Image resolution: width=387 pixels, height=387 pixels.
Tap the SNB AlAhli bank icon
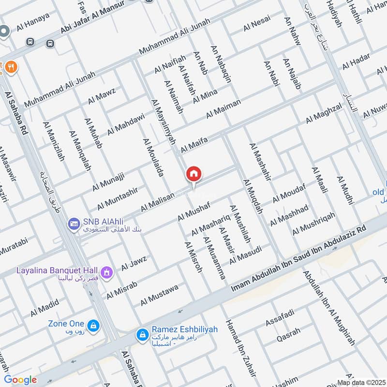(74, 223)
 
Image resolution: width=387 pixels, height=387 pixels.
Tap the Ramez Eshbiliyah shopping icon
(142, 334)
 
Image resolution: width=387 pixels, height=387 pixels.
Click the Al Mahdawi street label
(126, 123)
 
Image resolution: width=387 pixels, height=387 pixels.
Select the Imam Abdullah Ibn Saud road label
(300, 256)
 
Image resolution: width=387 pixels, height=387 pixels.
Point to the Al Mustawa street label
(159, 295)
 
